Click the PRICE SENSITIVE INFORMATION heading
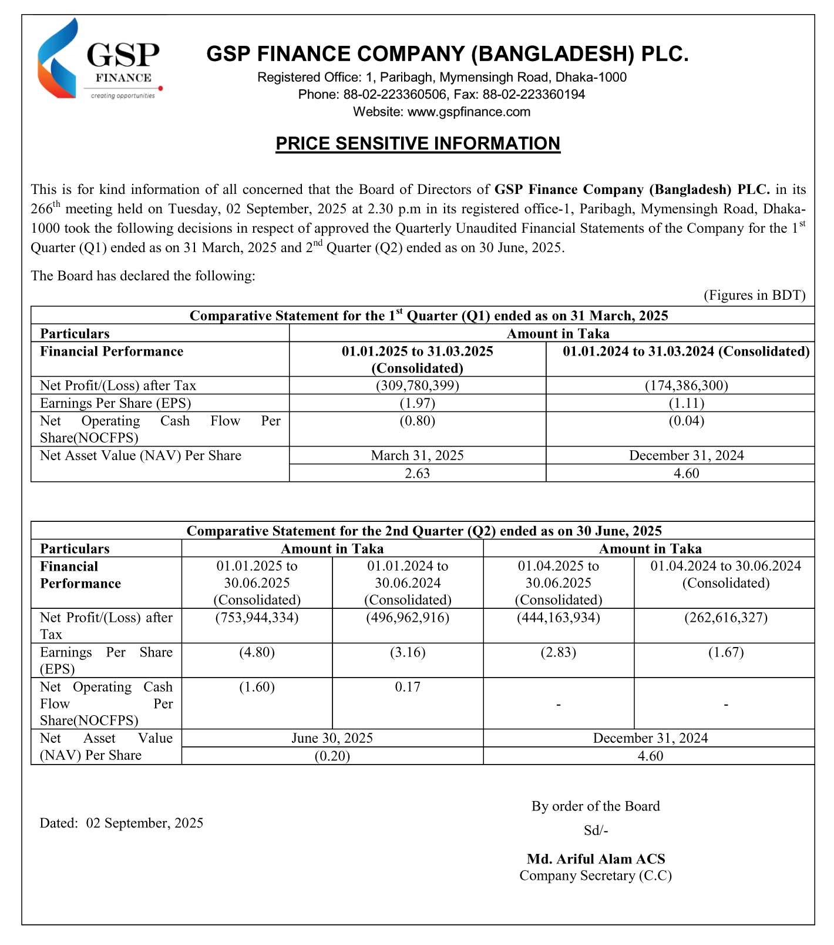(x=418, y=144)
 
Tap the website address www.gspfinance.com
(x=469, y=112)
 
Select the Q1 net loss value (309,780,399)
(x=417, y=386)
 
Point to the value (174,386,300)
(x=686, y=386)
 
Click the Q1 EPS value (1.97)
(x=417, y=403)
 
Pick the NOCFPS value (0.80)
(x=417, y=421)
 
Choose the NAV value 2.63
(x=417, y=473)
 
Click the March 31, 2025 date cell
(x=417, y=455)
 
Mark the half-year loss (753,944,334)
(x=257, y=618)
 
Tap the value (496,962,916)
(x=408, y=618)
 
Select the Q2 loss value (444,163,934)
(x=558, y=618)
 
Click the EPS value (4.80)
(x=257, y=652)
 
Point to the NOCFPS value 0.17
(x=408, y=687)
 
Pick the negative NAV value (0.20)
(x=332, y=756)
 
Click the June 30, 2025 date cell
(x=332, y=738)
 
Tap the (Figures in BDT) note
(x=754, y=295)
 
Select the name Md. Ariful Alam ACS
(x=596, y=859)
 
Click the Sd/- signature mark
(x=596, y=830)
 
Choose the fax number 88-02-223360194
(x=533, y=95)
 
